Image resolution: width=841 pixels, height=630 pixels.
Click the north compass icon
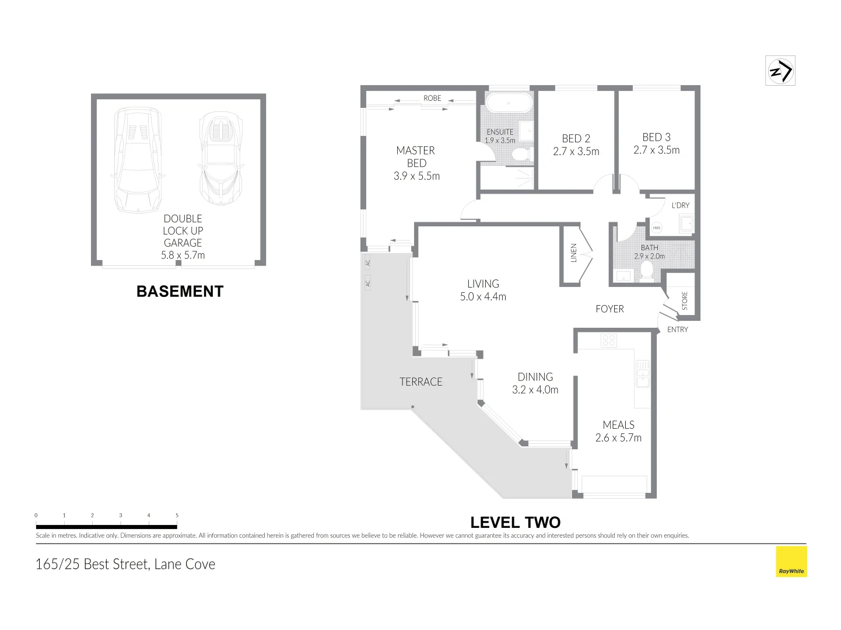(x=780, y=71)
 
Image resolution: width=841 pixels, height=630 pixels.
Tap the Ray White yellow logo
(x=791, y=561)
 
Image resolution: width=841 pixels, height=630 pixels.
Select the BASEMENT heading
(x=180, y=292)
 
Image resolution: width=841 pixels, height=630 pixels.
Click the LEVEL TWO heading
(x=515, y=523)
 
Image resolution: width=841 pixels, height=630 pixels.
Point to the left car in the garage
(x=138, y=159)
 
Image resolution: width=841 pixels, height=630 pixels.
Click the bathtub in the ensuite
(x=509, y=103)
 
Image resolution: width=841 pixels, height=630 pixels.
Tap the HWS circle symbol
(x=657, y=228)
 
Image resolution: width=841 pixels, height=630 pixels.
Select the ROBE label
(x=432, y=98)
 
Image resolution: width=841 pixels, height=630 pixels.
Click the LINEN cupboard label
(x=573, y=253)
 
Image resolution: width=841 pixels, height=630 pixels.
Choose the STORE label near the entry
(x=685, y=300)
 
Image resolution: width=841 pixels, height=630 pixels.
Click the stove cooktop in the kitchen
(x=609, y=341)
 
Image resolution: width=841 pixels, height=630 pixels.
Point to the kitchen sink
(x=642, y=373)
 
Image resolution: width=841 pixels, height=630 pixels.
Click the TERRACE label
(x=420, y=382)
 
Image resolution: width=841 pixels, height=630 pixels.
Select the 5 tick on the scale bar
(x=177, y=516)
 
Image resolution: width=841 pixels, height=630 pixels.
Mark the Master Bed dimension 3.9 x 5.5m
(x=416, y=176)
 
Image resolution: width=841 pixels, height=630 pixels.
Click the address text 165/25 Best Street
(x=125, y=565)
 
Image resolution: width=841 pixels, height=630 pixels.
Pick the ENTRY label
(x=677, y=330)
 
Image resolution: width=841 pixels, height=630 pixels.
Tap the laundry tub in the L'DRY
(x=686, y=223)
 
